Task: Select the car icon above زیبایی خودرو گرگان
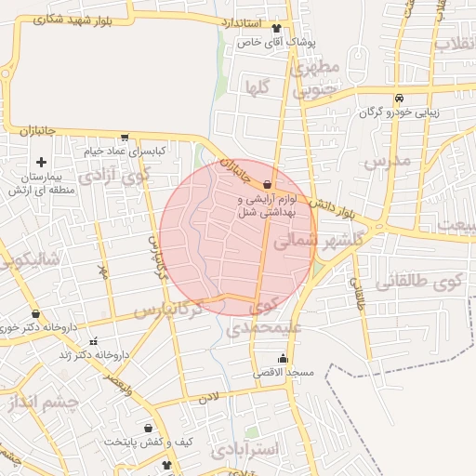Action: point(399,99)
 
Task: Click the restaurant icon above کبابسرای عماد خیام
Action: point(125,137)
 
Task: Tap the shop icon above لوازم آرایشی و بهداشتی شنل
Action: point(268,184)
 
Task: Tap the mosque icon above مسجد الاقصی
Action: point(283,359)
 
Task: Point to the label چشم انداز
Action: point(38,402)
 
